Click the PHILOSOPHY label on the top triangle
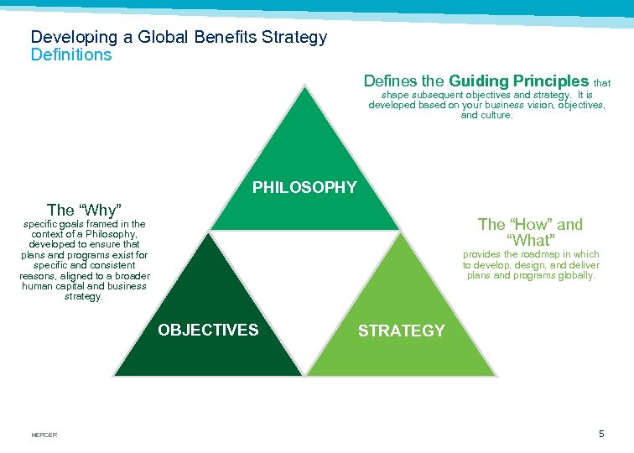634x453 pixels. [304, 187]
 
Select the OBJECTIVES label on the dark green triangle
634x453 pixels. [208, 330]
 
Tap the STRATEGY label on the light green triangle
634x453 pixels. [401, 331]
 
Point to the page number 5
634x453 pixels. [600, 434]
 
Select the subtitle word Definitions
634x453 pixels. [70, 55]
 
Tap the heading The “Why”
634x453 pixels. [85, 210]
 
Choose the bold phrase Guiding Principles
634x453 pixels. [518, 81]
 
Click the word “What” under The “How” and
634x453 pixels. [530, 242]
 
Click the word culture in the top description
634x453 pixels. [496, 116]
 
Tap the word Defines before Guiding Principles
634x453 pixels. [392, 81]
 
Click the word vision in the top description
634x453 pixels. [532, 106]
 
